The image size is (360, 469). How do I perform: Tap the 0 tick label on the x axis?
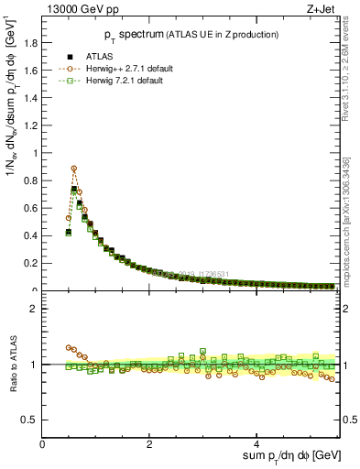tap(43, 442)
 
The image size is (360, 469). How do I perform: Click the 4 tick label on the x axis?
tap(257, 442)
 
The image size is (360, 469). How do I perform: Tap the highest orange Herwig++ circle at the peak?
tap(73, 169)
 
